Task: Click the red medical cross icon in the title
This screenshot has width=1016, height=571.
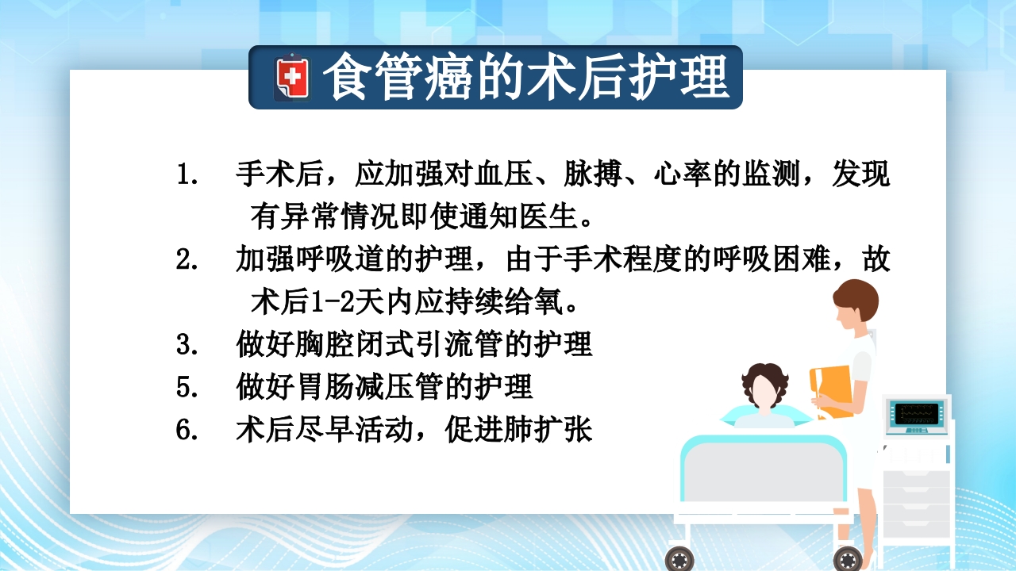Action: pyautogui.click(x=293, y=78)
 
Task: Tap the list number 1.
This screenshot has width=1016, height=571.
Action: pyautogui.click(x=187, y=174)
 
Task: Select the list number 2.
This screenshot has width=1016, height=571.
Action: pyautogui.click(x=187, y=259)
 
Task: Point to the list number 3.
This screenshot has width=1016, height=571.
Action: pyautogui.click(x=187, y=345)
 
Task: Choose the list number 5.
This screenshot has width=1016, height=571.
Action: pyautogui.click(x=187, y=387)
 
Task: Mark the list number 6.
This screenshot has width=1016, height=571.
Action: pyautogui.click(x=187, y=430)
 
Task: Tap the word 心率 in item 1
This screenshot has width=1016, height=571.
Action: pyautogui.click(x=682, y=174)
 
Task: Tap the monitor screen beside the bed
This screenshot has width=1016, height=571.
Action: pyautogui.click(x=918, y=413)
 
